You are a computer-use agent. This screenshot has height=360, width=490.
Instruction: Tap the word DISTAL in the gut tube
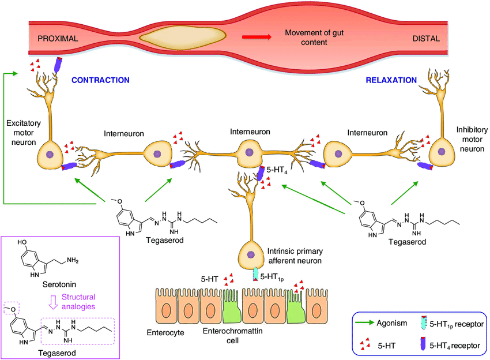click(426, 39)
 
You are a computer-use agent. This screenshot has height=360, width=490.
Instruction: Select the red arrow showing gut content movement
click(256, 37)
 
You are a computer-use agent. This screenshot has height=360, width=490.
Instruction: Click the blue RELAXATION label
click(391, 80)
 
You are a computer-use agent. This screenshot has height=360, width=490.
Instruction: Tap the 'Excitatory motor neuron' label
click(22, 133)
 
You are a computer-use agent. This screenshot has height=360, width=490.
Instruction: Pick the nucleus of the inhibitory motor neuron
click(442, 152)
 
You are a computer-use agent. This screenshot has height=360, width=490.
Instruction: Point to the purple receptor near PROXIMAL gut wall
click(58, 64)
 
